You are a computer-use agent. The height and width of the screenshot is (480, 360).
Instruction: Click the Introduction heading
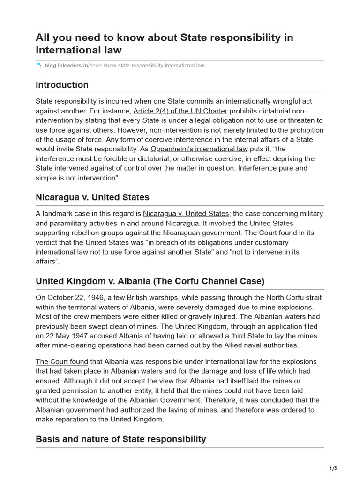(62, 85)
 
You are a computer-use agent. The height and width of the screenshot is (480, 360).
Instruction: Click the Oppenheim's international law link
(199, 149)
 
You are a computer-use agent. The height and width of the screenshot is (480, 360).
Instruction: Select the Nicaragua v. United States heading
(92, 197)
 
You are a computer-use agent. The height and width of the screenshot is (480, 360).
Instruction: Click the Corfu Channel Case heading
(150, 281)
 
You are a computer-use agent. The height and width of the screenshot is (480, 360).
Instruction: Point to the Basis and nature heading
(120, 439)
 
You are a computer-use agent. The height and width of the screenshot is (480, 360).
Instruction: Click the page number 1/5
(333, 468)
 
